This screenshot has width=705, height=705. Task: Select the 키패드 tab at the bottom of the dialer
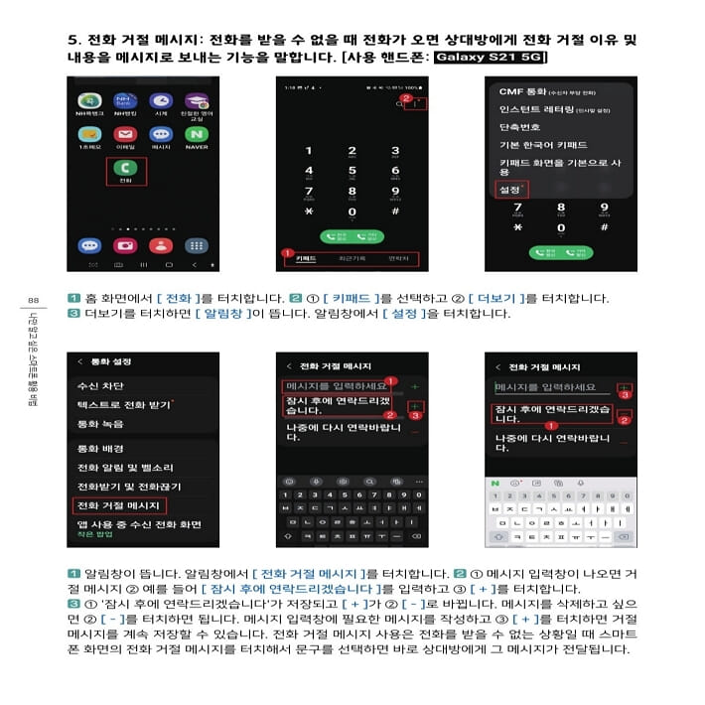tap(307, 258)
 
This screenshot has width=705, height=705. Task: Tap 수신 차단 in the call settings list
tap(100, 386)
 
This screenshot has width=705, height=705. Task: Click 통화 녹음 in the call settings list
tap(100, 424)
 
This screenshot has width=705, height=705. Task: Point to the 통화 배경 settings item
tap(100, 449)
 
